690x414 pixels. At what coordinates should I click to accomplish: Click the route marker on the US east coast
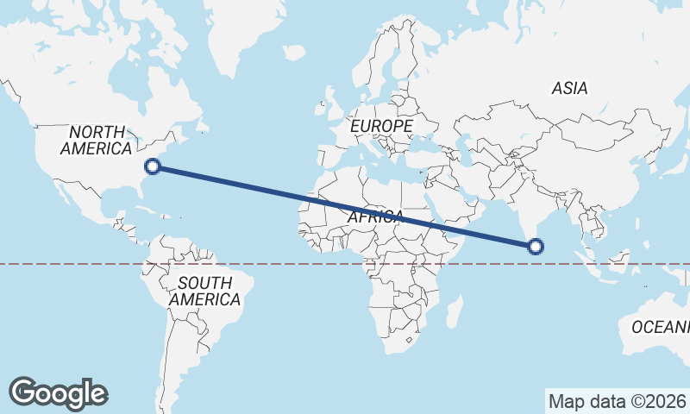click(154, 167)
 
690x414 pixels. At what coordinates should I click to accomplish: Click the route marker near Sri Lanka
click(536, 247)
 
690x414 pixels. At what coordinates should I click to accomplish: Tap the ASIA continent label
click(569, 88)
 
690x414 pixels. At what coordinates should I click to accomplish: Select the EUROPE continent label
click(381, 126)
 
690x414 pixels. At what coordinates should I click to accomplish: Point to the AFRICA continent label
click(376, 216)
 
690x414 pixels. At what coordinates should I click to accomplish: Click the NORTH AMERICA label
click(96, 140)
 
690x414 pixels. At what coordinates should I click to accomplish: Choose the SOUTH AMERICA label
click(204, 292)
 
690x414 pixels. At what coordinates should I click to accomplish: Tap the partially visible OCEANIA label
click(661, 327)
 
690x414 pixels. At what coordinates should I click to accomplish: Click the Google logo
click(58, 392)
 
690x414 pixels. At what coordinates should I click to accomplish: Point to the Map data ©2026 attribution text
click(617, 401)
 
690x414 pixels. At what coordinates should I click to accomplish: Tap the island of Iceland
click(294, 53)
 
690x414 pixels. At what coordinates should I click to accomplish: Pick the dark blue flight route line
click(345, 207)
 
